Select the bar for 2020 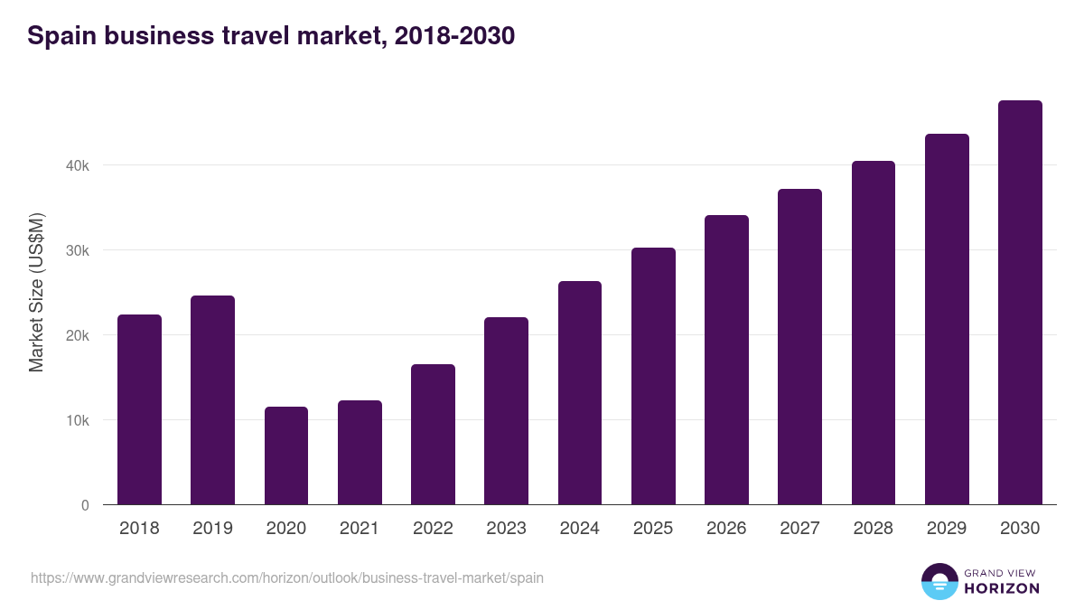tap(286, 455)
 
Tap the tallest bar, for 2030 tap(1020, 303)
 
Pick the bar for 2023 tap(506, 411)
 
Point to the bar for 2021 tap(360, 453)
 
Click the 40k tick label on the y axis tap(77, 165)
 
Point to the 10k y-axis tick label tap(77, 420)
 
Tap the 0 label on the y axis tap(85, 505)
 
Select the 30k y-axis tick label tap(77, 250)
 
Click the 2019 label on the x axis tap(212, 529)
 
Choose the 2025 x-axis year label tap(653, 529)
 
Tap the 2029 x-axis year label tap(947, 529)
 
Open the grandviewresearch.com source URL tap(287, 577)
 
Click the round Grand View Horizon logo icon tap(939, 581)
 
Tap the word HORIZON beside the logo tap(1002, 588)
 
